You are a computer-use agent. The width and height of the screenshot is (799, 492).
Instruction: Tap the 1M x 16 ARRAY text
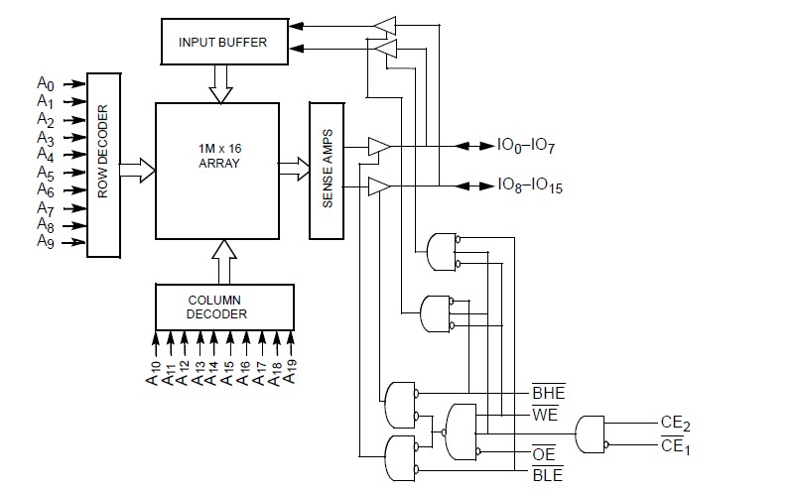point(219,156)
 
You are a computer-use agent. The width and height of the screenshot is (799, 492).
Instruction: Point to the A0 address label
point(46,84)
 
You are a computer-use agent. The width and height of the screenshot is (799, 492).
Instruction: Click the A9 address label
point(46,241)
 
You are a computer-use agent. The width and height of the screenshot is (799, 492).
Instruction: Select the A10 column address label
point(154,373)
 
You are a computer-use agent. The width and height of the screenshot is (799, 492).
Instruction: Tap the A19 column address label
point(289,372)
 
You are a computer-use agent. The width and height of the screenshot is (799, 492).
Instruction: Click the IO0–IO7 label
point(526,146)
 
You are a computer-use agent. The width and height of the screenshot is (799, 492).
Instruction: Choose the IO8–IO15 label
point(530,185)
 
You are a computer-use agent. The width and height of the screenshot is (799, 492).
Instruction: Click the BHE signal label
point(549,392)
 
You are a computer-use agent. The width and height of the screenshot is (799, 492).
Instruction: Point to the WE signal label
point(545,414)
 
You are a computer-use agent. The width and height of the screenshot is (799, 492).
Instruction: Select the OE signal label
point(543,453)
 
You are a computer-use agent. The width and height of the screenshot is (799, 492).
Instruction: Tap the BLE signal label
point(548,475)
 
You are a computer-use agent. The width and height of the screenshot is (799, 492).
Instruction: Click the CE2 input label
point(676,424)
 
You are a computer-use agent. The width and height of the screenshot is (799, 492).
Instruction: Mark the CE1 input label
point(676,446)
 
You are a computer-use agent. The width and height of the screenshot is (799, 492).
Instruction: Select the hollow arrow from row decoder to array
point(137,170)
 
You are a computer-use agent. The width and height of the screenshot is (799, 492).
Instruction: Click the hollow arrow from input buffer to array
point(220,84)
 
